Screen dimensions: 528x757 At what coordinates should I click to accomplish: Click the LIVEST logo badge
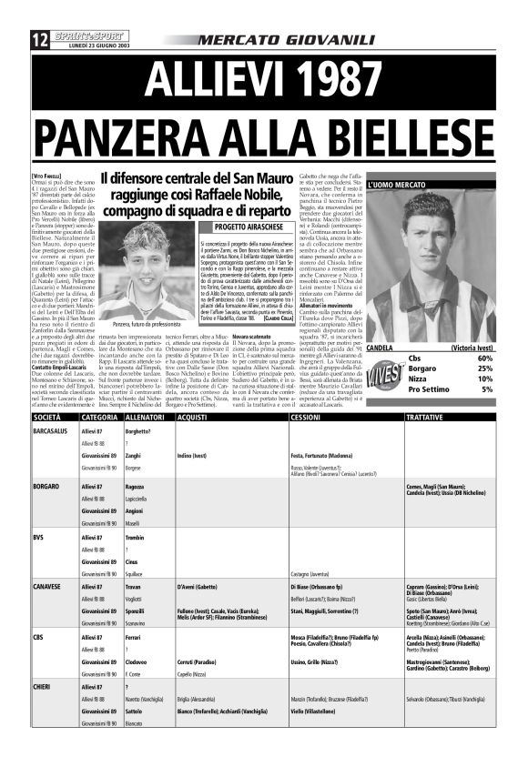[x=386, y=374]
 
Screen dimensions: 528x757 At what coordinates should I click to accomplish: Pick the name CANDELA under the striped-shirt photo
[x=380, y=348]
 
